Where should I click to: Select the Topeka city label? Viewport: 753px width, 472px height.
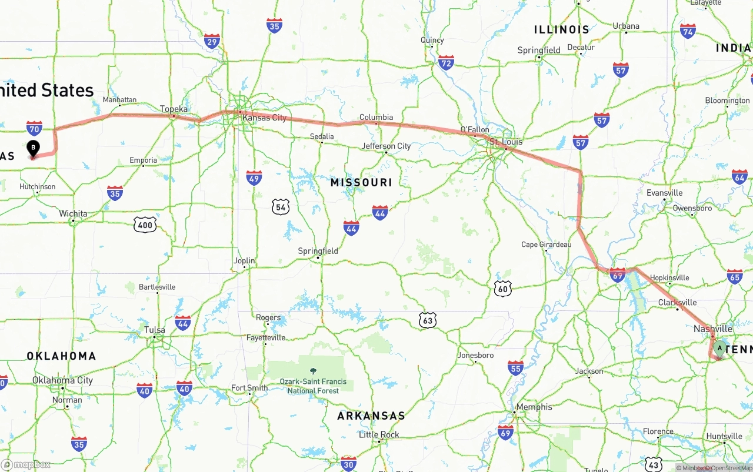tap(174, 109)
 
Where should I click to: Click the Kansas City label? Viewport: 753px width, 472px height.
tap(264, 118)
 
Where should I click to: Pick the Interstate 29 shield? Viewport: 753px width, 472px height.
tap(212, 41)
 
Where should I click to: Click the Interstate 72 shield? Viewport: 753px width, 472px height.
tap(446, 62)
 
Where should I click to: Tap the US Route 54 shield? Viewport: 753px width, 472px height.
tap(281, 206)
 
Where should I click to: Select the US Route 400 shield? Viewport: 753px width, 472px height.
tap(144, 225)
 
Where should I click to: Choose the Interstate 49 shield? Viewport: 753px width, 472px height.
tap(254, 178)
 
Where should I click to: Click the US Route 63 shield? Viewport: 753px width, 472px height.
tap(428, 320)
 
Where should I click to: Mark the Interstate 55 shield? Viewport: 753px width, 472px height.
tap(515, 368)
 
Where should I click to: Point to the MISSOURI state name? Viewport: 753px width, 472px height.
tap(361, 183)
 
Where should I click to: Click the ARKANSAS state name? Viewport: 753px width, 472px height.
tap(371, 416)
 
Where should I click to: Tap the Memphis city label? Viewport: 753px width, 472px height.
tap(534, 407)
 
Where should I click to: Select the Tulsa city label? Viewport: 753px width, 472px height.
tap(155, 330)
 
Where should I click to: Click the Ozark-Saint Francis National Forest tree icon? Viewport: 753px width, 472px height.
tap(313, 370)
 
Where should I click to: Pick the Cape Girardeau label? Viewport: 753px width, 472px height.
tap(546, 245)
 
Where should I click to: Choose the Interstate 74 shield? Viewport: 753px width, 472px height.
tap(688, 31)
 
